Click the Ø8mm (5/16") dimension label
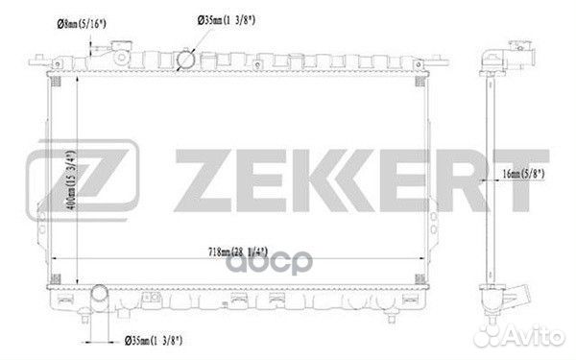pyautogui.click(x=82, y=24)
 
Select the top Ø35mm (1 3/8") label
pyautogui.click(x=227, y=20)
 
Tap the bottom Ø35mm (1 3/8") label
pyautogui.click(x=154, y=341)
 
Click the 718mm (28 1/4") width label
pyautogui.click(x=238, y=252)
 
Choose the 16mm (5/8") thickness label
pyautogui.click(x=523, y=174)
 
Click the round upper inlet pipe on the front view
pyautogui.click(x=185, y=60)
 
